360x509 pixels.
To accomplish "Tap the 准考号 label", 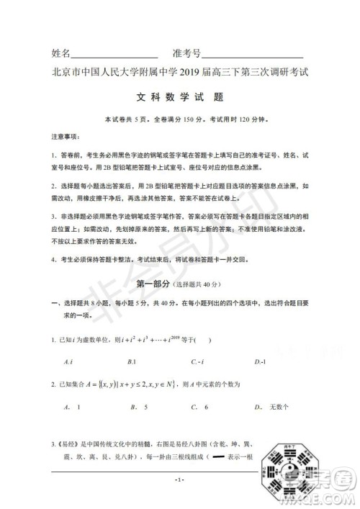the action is coord(185,54).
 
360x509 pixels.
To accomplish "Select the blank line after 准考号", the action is coord(251,57).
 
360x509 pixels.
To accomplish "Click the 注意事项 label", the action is coord(66,136).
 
